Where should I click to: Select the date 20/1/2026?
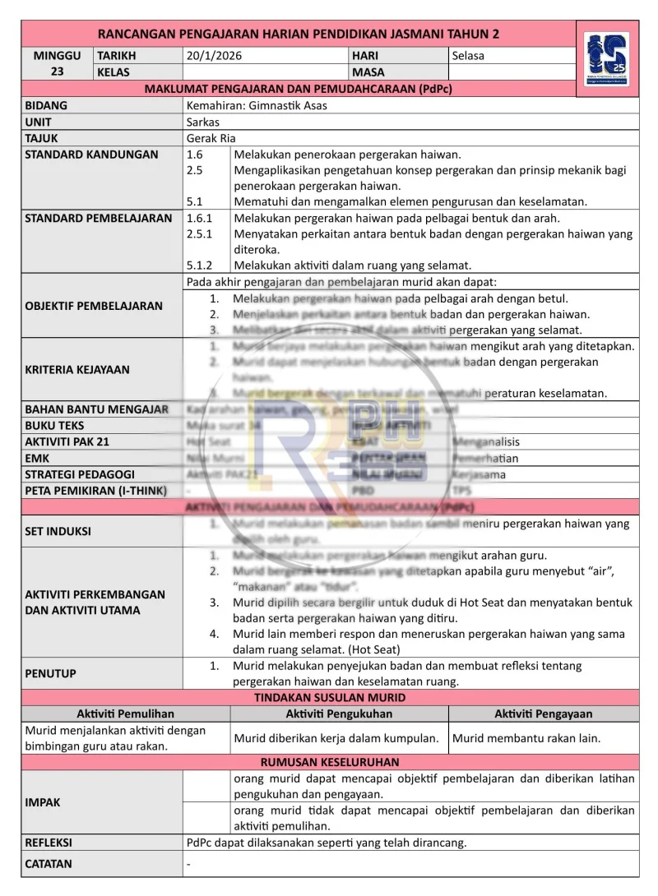215,56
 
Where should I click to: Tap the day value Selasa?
468,56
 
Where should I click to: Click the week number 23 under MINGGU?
57,72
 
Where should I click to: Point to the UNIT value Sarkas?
203,122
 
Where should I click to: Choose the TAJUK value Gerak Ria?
211,138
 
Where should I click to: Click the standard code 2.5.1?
200,233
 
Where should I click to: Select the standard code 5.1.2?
200,265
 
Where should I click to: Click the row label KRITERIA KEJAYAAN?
77,369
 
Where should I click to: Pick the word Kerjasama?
480,474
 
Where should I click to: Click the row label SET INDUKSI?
58,531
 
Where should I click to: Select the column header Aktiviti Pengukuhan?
339,714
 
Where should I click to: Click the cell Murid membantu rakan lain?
526,738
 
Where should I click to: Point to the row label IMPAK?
43,802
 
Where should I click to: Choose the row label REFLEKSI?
49,843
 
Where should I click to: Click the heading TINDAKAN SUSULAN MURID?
330,697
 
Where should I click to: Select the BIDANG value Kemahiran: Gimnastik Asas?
257,105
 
